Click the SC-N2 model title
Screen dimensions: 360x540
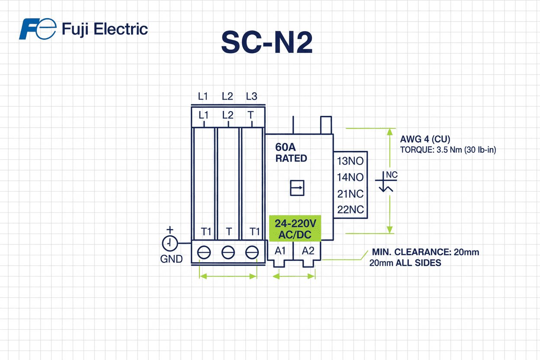tap(267, 42)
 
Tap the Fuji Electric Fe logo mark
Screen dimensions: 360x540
tap(38, 29)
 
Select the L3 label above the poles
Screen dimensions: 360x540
tap(251, 96)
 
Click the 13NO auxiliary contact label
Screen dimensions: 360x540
tap(350, 161)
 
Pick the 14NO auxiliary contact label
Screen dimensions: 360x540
tap(350, 177)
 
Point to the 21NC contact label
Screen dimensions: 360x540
tap(350, 193)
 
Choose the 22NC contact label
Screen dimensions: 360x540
tap(350, 210)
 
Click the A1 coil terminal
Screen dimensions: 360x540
tap(280, 251)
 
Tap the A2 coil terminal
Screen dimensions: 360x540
tap(308, 251)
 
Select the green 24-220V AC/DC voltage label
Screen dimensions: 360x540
tap(296, 229)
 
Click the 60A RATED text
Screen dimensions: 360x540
tap(291, 153)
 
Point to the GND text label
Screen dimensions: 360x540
tap(171, 259)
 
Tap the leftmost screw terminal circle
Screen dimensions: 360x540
tap(204, 252)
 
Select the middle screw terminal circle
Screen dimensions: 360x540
tap(228, 252)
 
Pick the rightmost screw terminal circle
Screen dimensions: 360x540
tap(252, 252)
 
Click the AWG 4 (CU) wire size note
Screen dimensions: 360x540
tap(425, 139)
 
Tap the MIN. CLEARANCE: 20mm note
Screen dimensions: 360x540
tap(425, 252)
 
